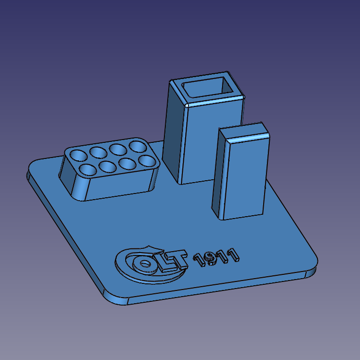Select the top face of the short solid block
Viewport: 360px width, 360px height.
245,133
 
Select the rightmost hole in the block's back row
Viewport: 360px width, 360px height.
138,145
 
